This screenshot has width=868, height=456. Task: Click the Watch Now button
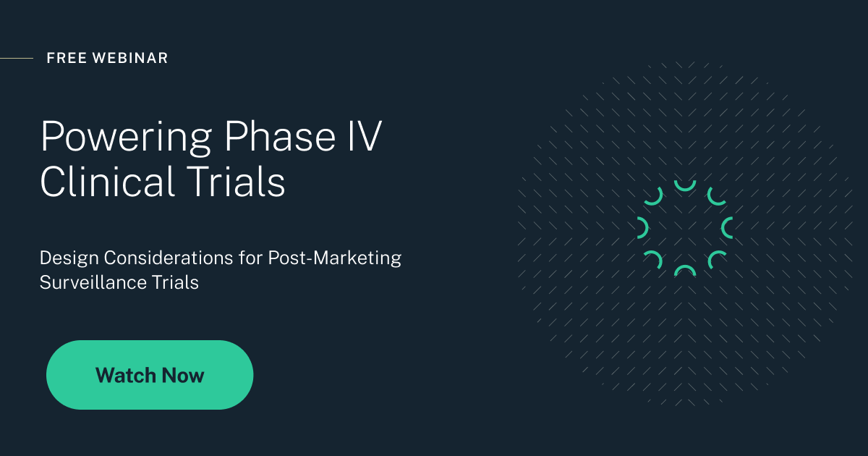tap(150, 375)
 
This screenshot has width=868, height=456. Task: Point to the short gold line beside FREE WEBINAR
tap(16, 58)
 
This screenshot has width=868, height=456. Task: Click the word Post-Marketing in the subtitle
tap(334, 258)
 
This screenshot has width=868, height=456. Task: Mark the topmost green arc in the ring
tap(684, 187)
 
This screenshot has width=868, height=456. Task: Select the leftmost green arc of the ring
tap(642, 228)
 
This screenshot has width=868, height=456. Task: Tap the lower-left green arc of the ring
tap(654, 258)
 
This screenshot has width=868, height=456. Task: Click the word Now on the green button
tap(183, 375)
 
